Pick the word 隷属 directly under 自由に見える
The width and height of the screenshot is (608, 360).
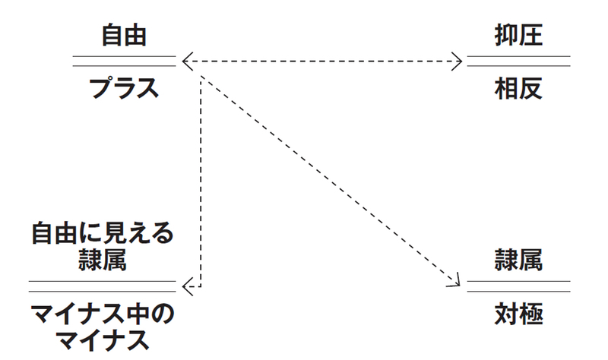103,260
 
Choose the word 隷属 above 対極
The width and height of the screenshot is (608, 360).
518,260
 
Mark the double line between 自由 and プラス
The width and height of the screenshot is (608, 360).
124,61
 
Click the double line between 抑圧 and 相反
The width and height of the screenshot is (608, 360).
518,61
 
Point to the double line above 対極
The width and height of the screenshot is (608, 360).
518,286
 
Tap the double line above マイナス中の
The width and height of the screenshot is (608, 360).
103,286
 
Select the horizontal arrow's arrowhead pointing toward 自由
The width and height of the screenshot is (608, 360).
187,61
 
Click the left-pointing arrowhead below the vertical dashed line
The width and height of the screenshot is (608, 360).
188,286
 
